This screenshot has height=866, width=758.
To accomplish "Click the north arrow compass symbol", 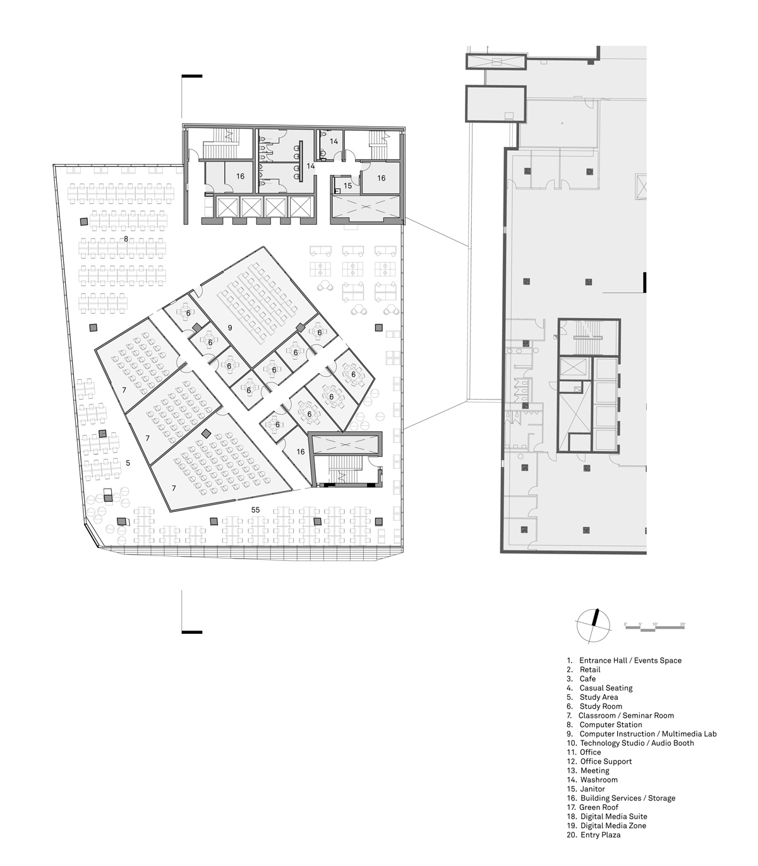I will coord(593,626).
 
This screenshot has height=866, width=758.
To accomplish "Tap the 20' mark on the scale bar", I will coord(682,624).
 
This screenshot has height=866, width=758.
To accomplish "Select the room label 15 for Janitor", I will coord(347,186).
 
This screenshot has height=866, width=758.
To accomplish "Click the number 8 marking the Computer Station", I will coord(126,239).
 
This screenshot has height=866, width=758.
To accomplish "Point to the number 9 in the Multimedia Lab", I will coord(230,328).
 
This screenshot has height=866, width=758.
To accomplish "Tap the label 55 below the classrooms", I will coord(255,509).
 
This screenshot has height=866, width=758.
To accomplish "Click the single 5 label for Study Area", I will coord(128,463).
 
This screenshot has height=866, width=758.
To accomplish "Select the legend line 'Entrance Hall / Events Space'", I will coord(630,660).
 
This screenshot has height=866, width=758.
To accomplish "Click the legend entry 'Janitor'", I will coord(592,788).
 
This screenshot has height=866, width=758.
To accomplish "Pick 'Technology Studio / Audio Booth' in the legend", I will coord(636,743).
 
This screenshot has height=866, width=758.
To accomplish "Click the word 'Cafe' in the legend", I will coord(587,679).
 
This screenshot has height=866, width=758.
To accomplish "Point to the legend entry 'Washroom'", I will coord(598,780).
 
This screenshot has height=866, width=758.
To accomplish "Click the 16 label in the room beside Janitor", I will coord(381,178).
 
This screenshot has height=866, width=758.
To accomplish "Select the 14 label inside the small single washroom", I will coord(334,142).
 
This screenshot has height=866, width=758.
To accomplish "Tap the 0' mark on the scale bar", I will coord(625,624).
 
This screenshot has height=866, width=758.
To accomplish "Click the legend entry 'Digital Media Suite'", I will coord(613,816).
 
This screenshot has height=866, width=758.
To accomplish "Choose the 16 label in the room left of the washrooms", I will coord(240,177).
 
